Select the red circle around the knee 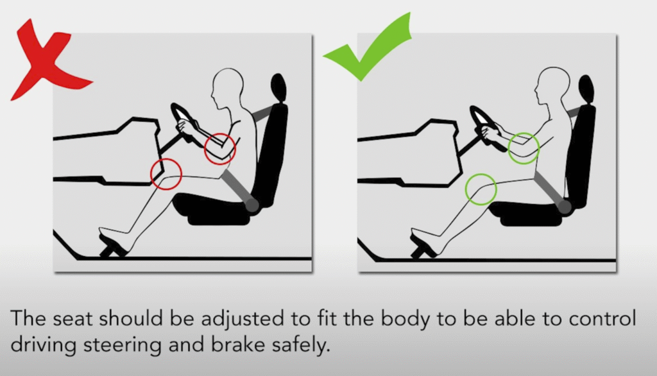click(x=166, y=173)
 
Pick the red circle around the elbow click(x=220, y=148)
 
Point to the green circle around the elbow click(x=524, y=148)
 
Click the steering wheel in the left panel click(x=183, y=122)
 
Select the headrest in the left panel click(x=278, y=87)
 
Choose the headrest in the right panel click(x=585, y=89)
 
